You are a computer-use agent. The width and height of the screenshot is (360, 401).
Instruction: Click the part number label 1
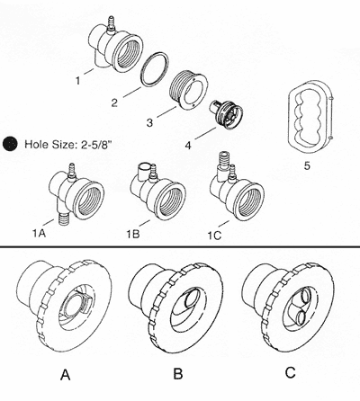(x=77, y=80)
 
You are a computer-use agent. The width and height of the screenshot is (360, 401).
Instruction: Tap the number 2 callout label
(x=113, y=102)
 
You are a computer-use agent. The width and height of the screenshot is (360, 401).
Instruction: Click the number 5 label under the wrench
(x=307, y=165)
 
